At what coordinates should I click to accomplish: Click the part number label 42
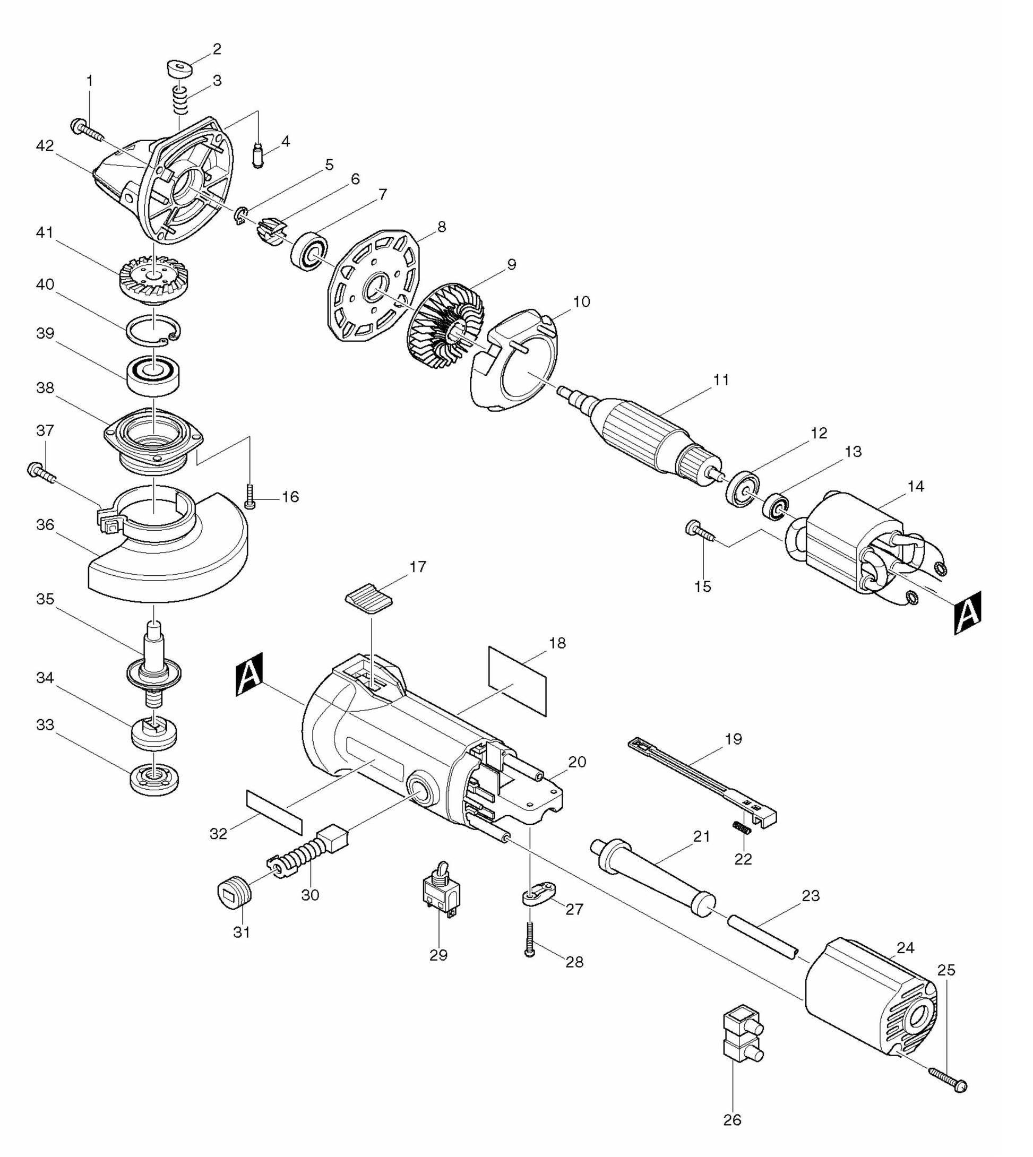[44, 146]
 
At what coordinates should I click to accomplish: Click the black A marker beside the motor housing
[249, 674]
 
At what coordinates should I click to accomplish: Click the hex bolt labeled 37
[39, 473]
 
